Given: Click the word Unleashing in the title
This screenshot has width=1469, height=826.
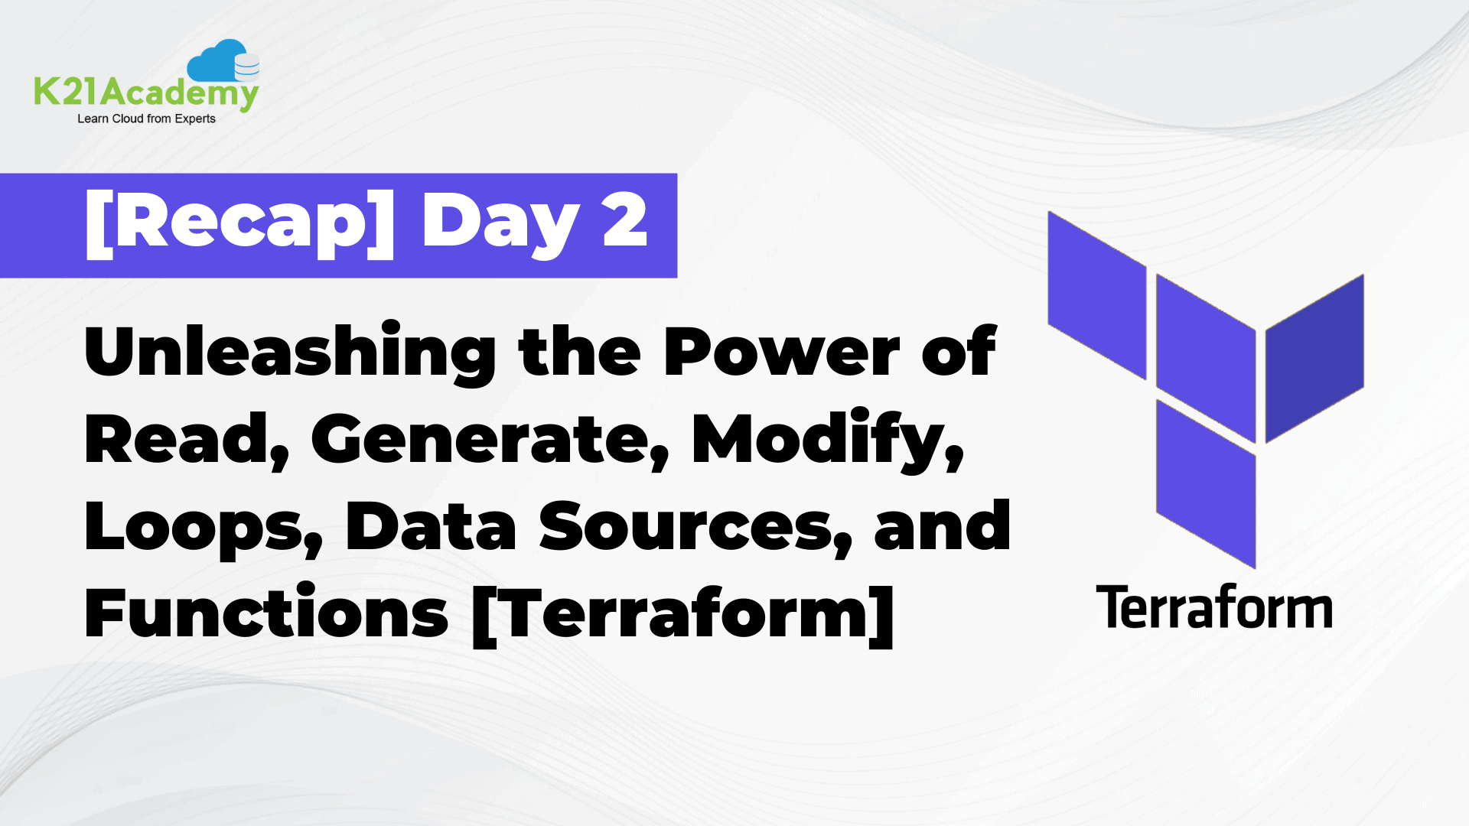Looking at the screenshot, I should pyautogui.click(x=290, y=353).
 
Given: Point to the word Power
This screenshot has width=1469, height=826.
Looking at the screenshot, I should pyautogui.click(x=781, y=353).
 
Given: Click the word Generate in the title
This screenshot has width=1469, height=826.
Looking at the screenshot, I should pyautogui.click(x=489, y=440).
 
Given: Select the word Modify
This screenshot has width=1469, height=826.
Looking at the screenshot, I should pyautogui.click(x=826, y=440).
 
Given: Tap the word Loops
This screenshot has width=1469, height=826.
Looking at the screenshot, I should pyautogui.click(x=204, y=528).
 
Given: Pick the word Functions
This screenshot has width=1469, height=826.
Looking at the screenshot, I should pyautogui.click(x=266, y=614).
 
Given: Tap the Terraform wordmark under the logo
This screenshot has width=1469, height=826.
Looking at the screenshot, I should pyautogui.click(x=1214, y=608).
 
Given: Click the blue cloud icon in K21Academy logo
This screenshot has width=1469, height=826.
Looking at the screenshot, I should pyautogui.click(x=222, y=61).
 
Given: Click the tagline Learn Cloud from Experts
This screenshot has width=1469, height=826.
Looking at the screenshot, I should pyautogui.click(x=146, y=119).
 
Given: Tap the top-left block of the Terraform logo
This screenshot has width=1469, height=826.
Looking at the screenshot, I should pyautogui.click(x=1096, y=294).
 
